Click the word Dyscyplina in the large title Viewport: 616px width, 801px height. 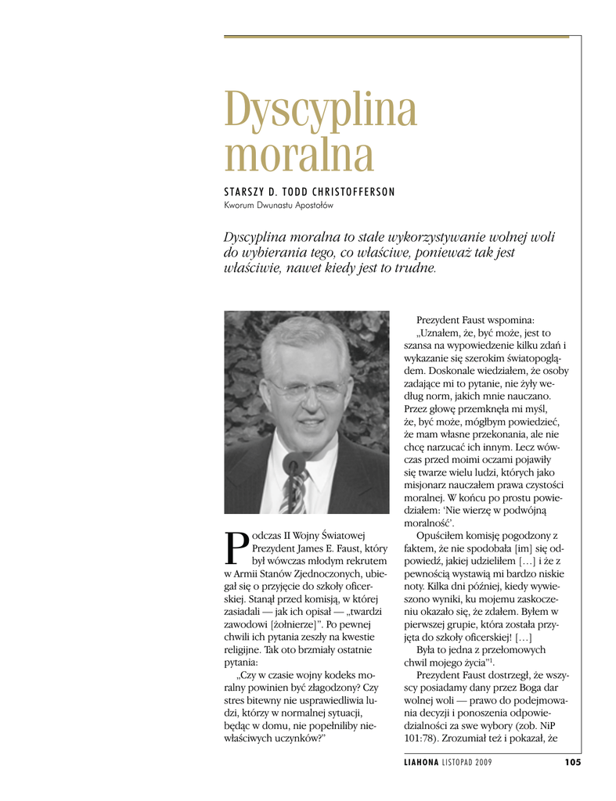click(320, 110)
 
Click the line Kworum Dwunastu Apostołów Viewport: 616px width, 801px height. click(279, 206)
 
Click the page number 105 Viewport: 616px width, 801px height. click(572, 763)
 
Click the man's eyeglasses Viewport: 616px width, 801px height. click(307, 388)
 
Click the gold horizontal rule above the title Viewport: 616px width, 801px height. click(402, 36)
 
